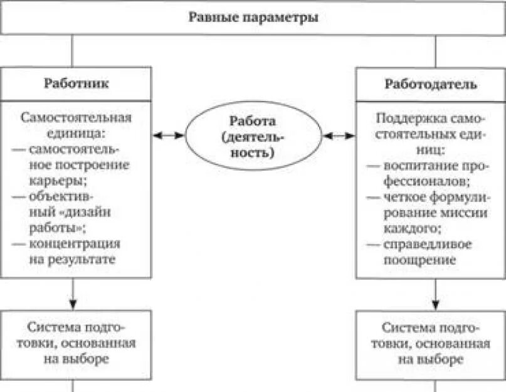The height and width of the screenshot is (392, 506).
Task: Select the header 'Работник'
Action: pos(75,83)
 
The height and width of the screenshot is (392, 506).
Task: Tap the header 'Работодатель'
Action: pos(430,83)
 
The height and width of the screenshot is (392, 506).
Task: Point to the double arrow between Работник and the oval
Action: pos(169,135)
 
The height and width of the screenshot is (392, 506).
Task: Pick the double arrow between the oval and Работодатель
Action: pos(339,135)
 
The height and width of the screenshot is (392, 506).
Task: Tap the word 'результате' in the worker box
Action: pos(87,259)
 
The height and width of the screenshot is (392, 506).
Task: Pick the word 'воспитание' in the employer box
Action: pos(414,166)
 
